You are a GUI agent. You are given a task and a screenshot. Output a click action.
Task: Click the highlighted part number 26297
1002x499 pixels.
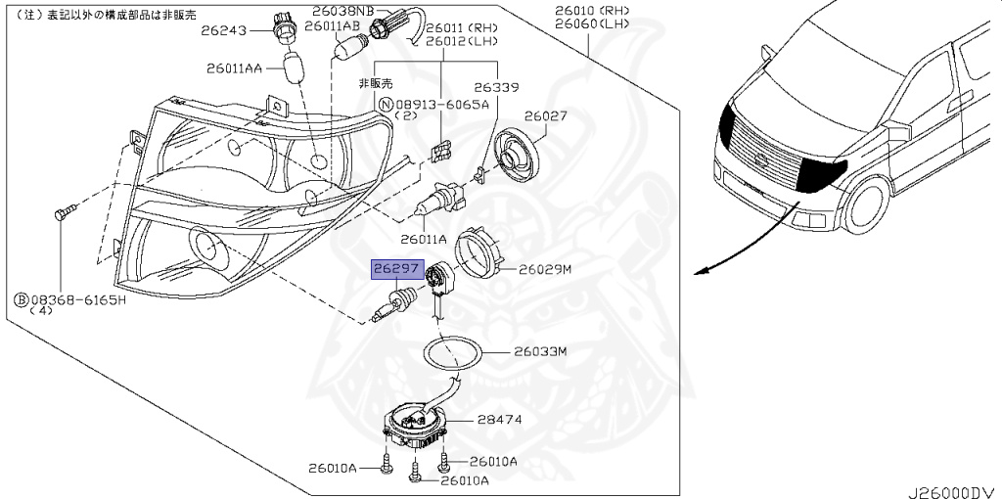[394, 266]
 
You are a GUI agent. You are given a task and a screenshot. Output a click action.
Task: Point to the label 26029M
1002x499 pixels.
[543, 268]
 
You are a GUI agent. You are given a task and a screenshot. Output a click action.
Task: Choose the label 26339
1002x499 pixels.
[496, 87]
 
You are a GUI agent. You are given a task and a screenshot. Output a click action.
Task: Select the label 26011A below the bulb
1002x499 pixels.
[422, 239]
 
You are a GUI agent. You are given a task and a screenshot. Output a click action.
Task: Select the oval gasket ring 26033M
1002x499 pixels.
[452, 352]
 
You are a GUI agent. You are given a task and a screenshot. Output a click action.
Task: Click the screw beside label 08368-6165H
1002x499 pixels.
[64, 212]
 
